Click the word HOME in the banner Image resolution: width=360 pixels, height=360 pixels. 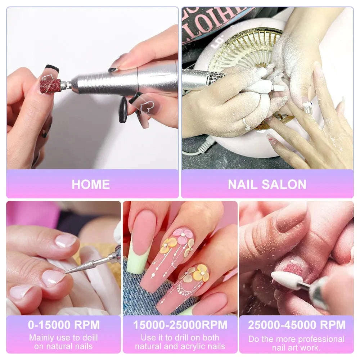click(x=91, y=184)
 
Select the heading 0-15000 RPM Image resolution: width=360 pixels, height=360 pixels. click(x=64, y=325)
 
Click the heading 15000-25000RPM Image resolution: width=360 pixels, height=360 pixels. click(x=180, y=325)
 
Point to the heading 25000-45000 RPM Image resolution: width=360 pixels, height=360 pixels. click(x=296, y=325)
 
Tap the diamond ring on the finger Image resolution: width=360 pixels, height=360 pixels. click(x=247, y=125)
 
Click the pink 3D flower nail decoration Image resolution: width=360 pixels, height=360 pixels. click(x=183, y=235)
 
